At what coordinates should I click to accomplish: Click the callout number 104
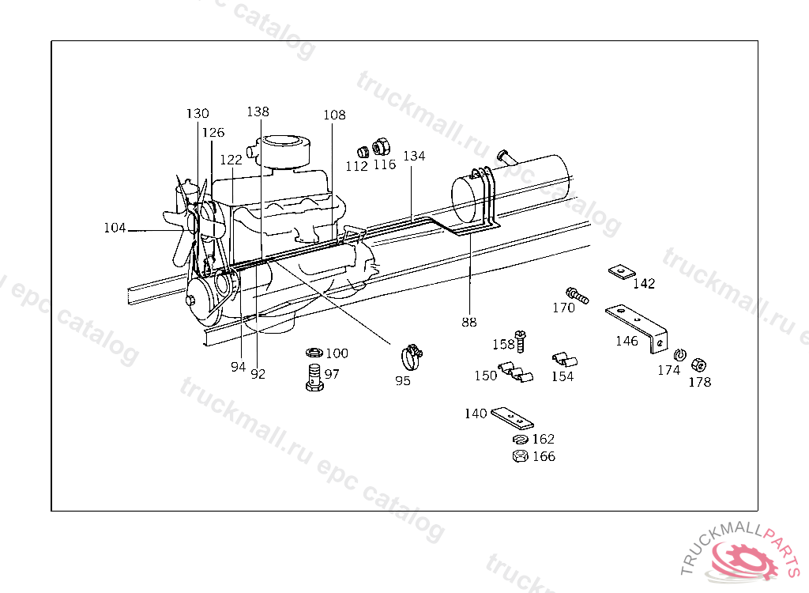[x=115, y=229]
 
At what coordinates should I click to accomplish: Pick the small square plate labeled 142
[x=622, y=272]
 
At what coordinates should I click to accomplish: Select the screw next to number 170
[x=577, y=296]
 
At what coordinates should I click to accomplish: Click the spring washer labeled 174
[x=679, y=353]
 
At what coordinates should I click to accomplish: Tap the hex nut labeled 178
[x=698, y=364]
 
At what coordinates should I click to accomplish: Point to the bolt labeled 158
[x=520, y=342]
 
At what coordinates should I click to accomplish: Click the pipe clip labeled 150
[x=515, y=372]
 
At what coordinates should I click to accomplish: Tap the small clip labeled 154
[x=563, y=359]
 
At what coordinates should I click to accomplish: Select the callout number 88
[x=469, y=322]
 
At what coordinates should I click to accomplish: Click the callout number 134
[x=414, y=156]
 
